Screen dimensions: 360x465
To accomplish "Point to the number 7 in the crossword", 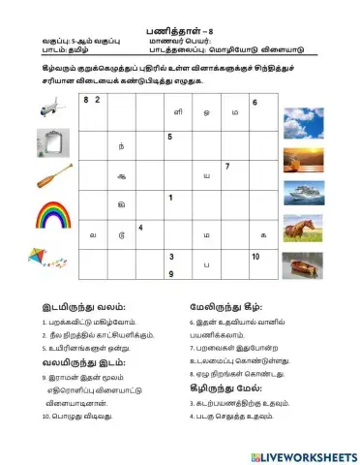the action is coord(226,167).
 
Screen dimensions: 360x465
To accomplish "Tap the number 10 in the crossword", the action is coord(255,257).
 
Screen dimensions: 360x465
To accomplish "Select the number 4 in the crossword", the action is coord(141,228).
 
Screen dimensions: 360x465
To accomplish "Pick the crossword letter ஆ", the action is coord(120,175).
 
